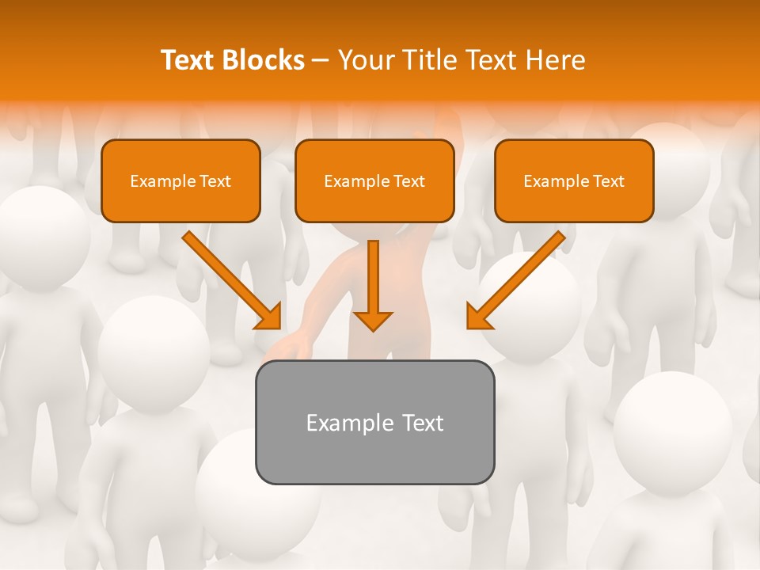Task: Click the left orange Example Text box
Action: [x=180, y=181]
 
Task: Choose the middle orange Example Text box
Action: [x=374, y=181]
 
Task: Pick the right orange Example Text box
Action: [x=574, y=181]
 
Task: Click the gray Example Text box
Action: [x=374, y=423]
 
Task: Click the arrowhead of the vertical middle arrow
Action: [x=373, y=320]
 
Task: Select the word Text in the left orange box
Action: [x=215, y=181]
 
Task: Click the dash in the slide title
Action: [x=321, y=61]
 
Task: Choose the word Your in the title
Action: [x=366, y=60]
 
